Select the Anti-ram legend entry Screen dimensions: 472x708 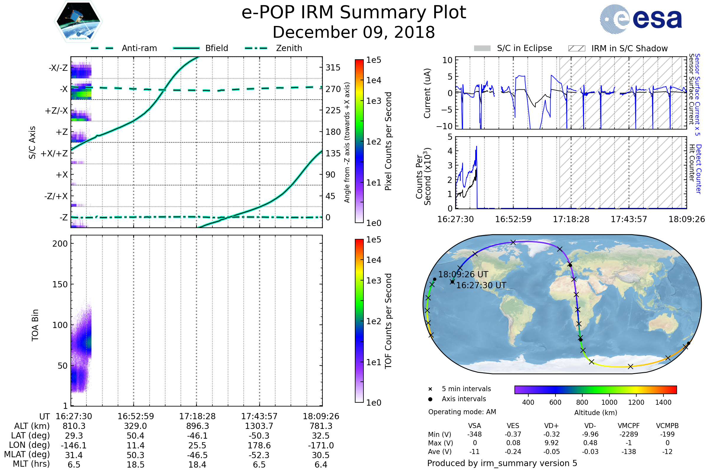point(139,48)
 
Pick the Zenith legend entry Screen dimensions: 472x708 point(289,48)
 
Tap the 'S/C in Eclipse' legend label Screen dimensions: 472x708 point(525,48)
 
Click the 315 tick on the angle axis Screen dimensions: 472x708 point(333,68)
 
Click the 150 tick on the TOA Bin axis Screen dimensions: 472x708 point(60,284)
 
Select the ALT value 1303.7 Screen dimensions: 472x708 point(259,426)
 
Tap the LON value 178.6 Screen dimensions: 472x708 point(259,445)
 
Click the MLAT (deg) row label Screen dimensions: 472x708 point(27,455)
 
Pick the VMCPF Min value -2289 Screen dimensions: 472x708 point(629,434)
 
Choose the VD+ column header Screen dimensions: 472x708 point(551,426)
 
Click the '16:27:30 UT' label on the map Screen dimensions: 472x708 point(481,285)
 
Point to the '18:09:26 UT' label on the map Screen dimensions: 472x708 point(463,275)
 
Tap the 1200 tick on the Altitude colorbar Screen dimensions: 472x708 point(636,402)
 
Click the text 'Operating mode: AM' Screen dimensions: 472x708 point(462,412)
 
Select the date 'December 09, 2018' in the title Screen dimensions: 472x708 point(354,32)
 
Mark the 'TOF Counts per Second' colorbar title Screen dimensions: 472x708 point(388,321)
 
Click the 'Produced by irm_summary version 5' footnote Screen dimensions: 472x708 point(502,463)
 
